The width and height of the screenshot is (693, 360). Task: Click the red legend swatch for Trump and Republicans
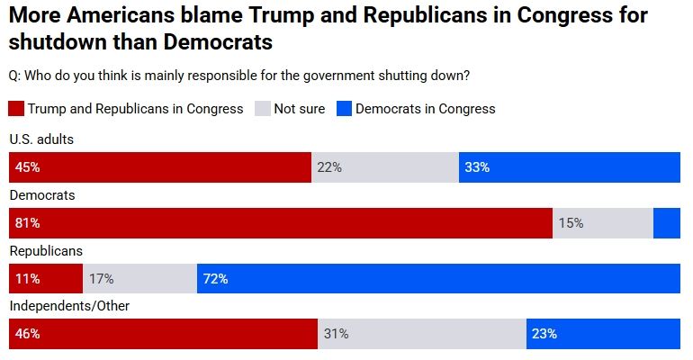tap(16, 109)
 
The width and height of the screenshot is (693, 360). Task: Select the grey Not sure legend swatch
tap(262, 109)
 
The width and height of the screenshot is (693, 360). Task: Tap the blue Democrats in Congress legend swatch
tap(343, 109)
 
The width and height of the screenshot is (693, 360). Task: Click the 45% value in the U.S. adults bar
tap(27, 167)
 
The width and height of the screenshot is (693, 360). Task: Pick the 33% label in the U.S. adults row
tap(477, 167)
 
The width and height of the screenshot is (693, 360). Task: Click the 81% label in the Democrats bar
tap(27, 223)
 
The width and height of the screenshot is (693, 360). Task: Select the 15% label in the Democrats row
tap(571, 223)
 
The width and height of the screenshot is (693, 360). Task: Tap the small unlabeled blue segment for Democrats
tap(666, 223)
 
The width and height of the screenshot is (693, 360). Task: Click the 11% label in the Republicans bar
tap(27, 279)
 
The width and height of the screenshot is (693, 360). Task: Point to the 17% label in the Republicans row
tap(101, 279)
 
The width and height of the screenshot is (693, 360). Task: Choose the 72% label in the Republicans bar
tap(215, 279)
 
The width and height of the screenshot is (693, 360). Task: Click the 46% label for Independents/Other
tap(27, 334)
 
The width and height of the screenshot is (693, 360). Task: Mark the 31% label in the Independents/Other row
tap(336, 334)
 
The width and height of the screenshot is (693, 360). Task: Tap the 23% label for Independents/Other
tap(544, 334)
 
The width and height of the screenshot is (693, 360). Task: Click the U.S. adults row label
tap(41, 139)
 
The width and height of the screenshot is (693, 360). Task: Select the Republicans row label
tap(46, 251)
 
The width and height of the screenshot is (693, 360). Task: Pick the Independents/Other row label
tap(69, 306)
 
